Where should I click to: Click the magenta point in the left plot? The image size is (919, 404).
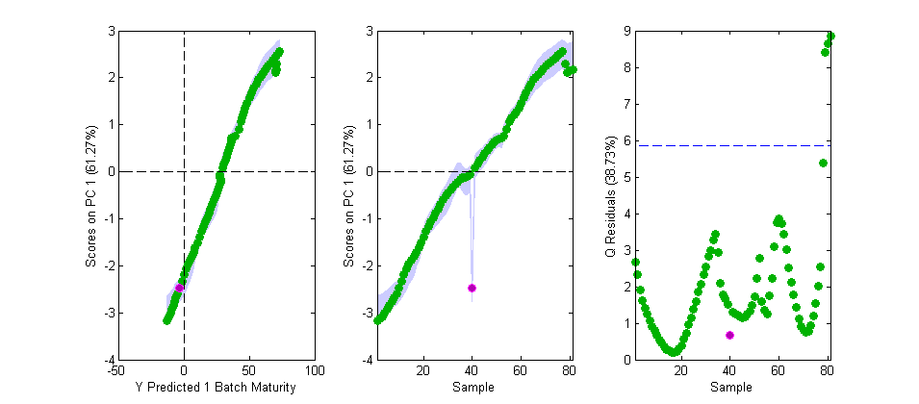179,288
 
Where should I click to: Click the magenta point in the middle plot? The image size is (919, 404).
472,288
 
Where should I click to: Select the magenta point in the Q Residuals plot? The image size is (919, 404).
729,335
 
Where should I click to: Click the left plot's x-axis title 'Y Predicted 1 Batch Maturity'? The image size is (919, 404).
184,387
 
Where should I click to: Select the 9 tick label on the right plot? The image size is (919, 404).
625,32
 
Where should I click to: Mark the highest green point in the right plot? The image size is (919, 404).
830,37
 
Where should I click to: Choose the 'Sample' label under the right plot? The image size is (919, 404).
729,387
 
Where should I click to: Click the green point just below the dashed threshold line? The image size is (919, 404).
823,164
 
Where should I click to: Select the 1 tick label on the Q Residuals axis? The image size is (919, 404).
625,324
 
